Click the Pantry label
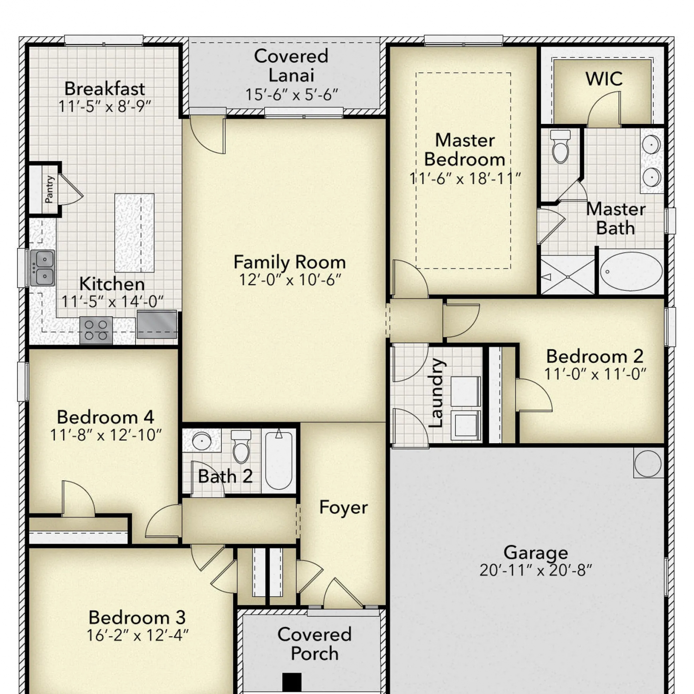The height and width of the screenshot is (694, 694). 49,189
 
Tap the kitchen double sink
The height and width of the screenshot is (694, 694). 43,268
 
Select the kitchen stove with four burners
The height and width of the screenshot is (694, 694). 96,330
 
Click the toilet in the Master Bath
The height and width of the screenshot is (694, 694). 560,146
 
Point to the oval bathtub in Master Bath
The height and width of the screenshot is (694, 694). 631,271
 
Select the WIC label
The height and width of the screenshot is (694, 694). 604,79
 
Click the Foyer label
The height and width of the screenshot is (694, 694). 343,508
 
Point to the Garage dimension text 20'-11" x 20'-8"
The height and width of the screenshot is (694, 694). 536,570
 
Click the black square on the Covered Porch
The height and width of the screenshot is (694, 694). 292,682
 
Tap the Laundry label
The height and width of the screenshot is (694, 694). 436,393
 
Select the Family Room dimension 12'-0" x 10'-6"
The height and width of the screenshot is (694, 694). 290,280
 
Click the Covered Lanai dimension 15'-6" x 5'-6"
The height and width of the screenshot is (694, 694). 291,95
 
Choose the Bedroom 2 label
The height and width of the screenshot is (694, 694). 595,356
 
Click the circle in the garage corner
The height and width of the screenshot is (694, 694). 648,463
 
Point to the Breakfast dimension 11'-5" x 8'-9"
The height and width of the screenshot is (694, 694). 105,106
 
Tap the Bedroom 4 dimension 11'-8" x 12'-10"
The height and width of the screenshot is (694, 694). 105,435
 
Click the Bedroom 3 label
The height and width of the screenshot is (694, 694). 137,618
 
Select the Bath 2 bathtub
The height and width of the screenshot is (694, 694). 279,460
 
